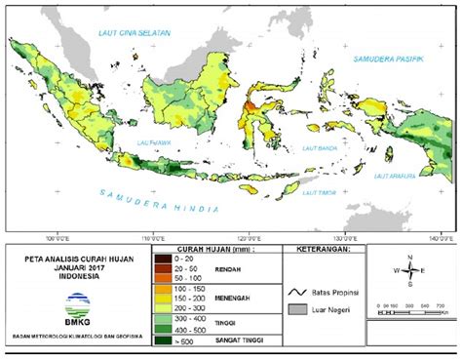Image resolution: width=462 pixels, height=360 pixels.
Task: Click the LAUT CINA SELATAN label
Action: click(x=134, y=33)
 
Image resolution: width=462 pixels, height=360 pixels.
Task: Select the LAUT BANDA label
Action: click(x=321, y=148)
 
